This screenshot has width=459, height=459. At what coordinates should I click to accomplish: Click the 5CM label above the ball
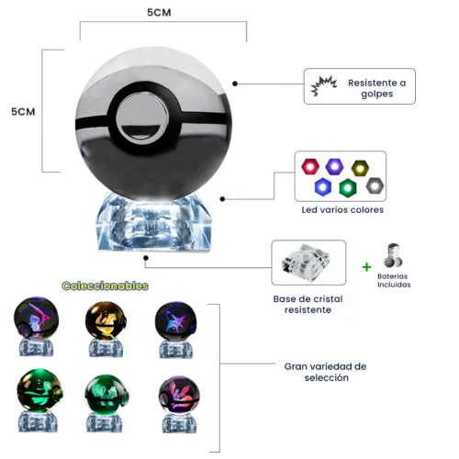click(159, 13)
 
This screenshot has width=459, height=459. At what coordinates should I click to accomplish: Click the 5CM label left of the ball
click(23, 112)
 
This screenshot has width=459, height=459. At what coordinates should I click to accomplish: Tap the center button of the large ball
click(142, 118)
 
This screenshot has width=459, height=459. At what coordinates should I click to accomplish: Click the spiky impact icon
click(324, 86)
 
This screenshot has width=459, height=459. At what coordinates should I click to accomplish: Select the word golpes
click(376, 94)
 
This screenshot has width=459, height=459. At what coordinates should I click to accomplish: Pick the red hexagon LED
click(310, 166)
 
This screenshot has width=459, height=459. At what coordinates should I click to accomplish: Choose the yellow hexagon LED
click(360, 168)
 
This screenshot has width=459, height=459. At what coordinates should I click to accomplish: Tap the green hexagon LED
click(348, 187)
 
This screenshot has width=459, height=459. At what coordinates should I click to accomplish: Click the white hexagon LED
click(375, 185)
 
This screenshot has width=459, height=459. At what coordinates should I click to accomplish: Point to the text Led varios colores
click(342, 210)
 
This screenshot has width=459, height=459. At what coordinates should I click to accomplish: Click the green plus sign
click(366, 267)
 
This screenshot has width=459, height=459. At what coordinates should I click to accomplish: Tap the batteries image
click(393, 255)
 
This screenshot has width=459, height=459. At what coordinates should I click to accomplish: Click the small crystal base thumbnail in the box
click(307, 263)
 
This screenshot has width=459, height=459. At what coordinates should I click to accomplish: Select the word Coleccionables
click(105, 285)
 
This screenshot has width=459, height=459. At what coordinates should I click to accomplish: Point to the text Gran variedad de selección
click(325, 372)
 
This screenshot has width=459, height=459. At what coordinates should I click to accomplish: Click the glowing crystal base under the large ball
click(153, 222)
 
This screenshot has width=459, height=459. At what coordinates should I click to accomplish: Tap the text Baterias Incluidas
click(394, 280)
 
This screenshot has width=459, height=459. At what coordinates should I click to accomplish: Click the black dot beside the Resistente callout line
click(235, 84)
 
